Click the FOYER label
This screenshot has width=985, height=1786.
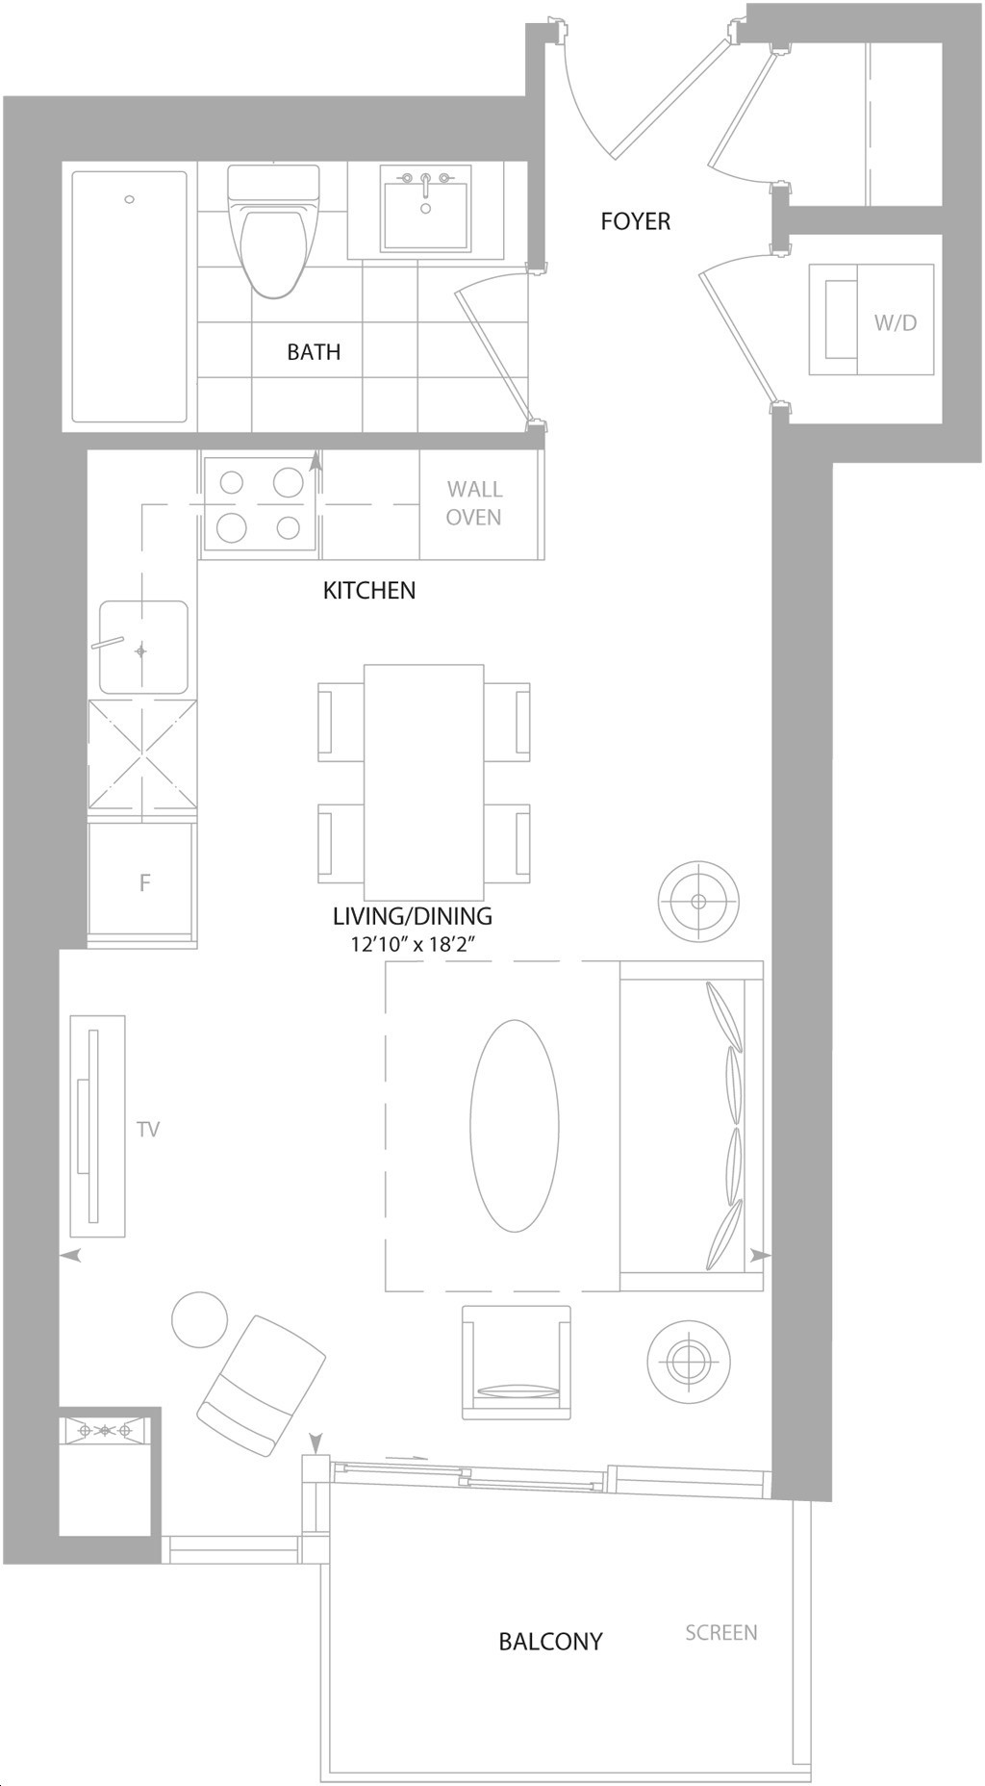coord(635,221)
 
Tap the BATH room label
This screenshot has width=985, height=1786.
coord(314,352)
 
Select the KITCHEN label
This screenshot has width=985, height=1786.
coord(369,590)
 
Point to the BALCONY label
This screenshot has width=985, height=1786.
coord(550,1641)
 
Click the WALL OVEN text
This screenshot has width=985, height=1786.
coord(474,503)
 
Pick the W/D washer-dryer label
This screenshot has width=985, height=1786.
coord(896,322)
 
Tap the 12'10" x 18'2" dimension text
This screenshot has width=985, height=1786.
coord(415,944)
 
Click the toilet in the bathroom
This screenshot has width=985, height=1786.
coord(273,230)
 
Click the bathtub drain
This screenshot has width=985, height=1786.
coord(130,200)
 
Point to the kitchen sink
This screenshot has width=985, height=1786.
coord(144,647)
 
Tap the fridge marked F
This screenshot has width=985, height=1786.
coord(143,880)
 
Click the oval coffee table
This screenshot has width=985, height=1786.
coord(515,1126)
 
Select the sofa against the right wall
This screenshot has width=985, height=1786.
coord(692,1126)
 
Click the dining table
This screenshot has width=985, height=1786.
coord(424,781)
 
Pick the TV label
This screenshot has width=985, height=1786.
coord(148,1129)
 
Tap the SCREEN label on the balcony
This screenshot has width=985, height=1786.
coord(721,1632)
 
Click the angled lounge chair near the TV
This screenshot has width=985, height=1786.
coord(261,1386)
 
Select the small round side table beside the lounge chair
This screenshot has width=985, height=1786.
coord(200,1320)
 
